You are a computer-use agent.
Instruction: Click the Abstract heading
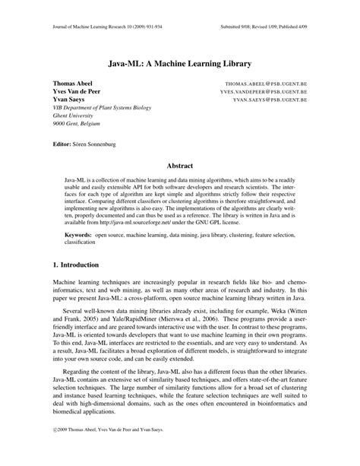point(179,166)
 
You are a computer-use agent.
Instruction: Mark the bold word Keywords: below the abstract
point(78,236)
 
